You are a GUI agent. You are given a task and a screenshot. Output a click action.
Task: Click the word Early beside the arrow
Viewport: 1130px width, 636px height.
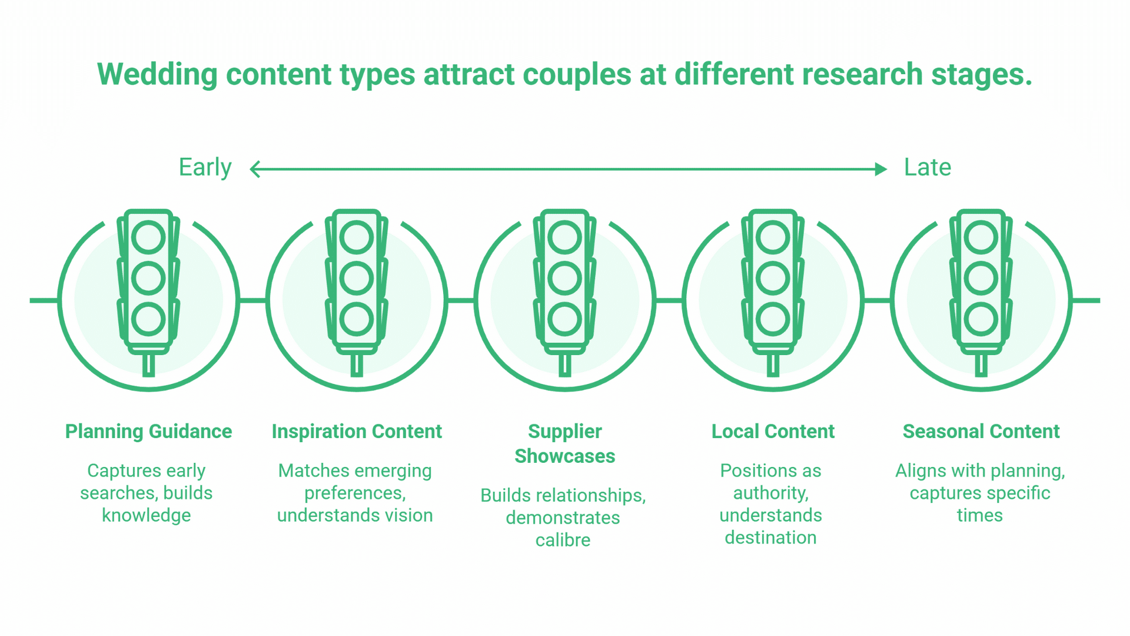pos(205,168)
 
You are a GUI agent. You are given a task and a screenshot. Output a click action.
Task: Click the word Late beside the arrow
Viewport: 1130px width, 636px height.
pos(927,168)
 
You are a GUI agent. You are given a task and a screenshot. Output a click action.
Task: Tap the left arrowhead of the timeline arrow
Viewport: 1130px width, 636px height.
pos(255,170)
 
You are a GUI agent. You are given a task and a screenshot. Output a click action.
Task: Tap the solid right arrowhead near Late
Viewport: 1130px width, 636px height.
pos(880,170)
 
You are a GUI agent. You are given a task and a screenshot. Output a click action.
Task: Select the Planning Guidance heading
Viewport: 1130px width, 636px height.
pos(148,432)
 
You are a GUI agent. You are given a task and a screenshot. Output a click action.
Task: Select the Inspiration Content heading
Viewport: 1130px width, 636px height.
pos(357,432)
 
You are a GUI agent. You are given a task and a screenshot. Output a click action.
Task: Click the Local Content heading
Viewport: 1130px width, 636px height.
pos(773,432)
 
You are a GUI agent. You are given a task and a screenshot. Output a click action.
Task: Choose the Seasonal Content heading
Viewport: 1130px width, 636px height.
pos(981,432)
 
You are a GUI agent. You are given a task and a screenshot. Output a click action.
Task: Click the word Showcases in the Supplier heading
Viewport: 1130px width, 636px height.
pos(564,456)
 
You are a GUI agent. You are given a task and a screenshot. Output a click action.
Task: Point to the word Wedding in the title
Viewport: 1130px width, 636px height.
pos(157,75)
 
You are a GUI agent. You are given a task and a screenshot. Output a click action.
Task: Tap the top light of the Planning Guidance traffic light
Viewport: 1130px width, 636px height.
pos(148,237)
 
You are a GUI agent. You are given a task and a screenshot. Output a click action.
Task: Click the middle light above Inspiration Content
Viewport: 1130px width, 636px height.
pos(357,279)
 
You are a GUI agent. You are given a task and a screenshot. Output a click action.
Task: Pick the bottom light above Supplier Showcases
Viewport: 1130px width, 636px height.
pos(564,319)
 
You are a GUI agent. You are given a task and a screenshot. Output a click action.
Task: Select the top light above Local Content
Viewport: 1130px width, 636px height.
pos(773,237)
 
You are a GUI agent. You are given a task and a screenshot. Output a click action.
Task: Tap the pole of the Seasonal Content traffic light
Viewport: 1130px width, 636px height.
pos(981,365)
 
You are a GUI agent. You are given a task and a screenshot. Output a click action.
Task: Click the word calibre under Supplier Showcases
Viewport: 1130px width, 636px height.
pos(563,540)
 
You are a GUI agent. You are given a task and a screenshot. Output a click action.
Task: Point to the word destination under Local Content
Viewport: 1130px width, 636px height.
pos(770,538)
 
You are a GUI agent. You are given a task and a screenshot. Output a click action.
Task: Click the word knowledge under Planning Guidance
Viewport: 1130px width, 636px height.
pos(146,515)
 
